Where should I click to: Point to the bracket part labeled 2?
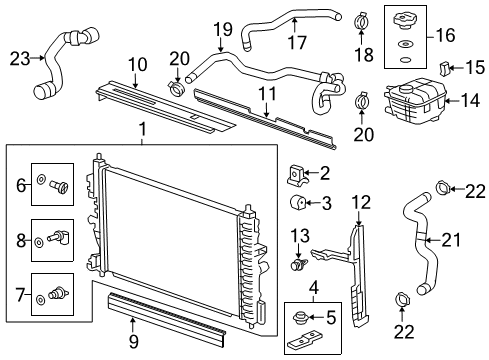[x=295, y=175]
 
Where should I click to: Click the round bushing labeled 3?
[x=297, y=205]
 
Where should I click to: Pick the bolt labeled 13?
[x=298, y=265]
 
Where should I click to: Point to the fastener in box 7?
[x=58, y=297]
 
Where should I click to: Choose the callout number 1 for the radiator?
[x=141, y=128]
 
